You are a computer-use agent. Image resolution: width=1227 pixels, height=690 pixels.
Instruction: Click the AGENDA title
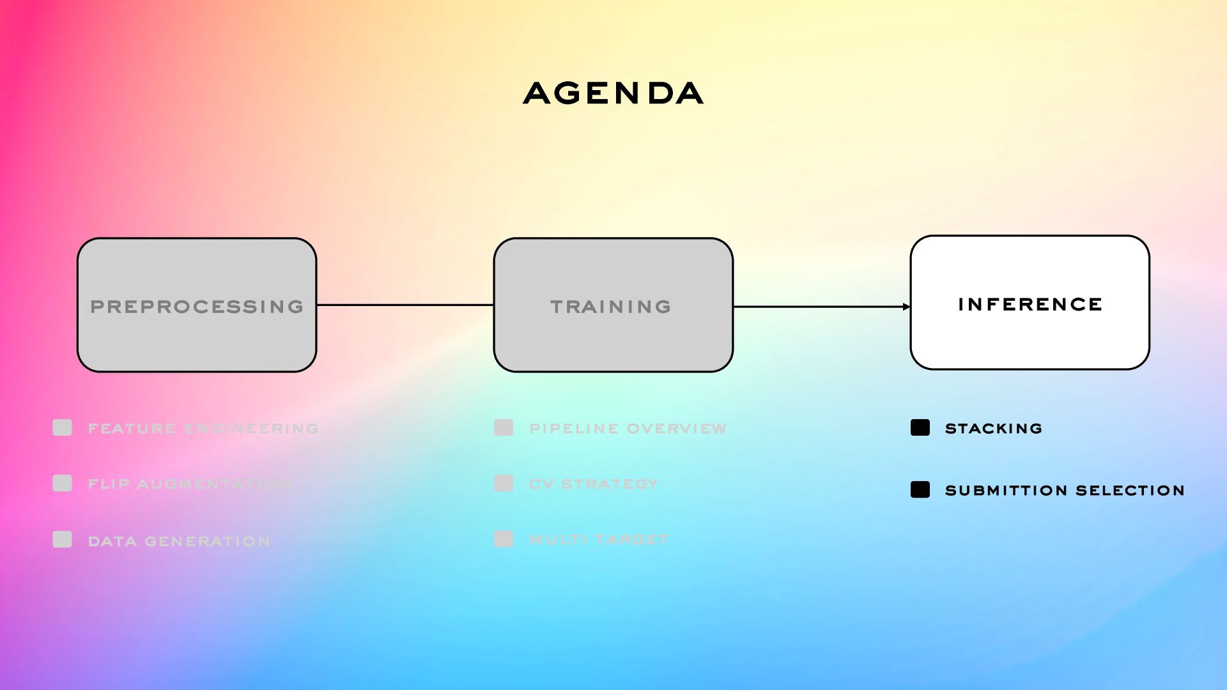click(x=613, y=93)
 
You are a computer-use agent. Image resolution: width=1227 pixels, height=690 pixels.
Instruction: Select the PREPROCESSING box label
click(x=197, y=307)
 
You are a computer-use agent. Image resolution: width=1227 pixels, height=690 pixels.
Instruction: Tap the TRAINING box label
click(x=611, y=307)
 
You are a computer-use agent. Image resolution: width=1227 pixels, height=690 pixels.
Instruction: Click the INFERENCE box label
click(x=1030, y=304)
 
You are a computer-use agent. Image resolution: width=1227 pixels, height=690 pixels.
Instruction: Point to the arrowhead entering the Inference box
click(x=906, y=307)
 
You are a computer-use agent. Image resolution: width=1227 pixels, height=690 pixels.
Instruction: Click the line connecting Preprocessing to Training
click(x=405, y=305)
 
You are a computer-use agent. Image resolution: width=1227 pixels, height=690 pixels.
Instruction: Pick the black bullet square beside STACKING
click(x=920, y=427)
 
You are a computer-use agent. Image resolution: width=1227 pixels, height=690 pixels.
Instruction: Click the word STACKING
click(x=993, y=429)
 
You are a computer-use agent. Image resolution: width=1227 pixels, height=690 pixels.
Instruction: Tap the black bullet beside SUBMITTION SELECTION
click(x=920, y=489)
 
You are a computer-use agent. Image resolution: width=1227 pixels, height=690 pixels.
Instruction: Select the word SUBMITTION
click(x=1007, y=491)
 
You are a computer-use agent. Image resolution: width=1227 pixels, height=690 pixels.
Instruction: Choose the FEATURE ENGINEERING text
click(x=203, y=429)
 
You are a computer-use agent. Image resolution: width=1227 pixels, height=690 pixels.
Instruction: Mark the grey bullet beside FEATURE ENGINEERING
click(x=62, y=427)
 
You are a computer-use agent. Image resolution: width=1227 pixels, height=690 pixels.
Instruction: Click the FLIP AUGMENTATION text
click(x=190, y=484)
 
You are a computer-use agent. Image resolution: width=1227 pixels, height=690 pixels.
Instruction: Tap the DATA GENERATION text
click(x=179, y=542)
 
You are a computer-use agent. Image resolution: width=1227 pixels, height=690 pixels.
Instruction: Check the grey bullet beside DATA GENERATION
click(x=62, y=539)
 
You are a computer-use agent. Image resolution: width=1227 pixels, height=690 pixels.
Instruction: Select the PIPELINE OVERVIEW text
click(x=628, y=429)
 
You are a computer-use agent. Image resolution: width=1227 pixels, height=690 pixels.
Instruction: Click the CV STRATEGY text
click(x=594, y=484)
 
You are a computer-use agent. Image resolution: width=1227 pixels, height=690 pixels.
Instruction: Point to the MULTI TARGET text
click(x=599, y=540)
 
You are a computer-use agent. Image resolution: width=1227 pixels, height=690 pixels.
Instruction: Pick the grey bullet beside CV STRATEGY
click(x=504, y=483)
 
